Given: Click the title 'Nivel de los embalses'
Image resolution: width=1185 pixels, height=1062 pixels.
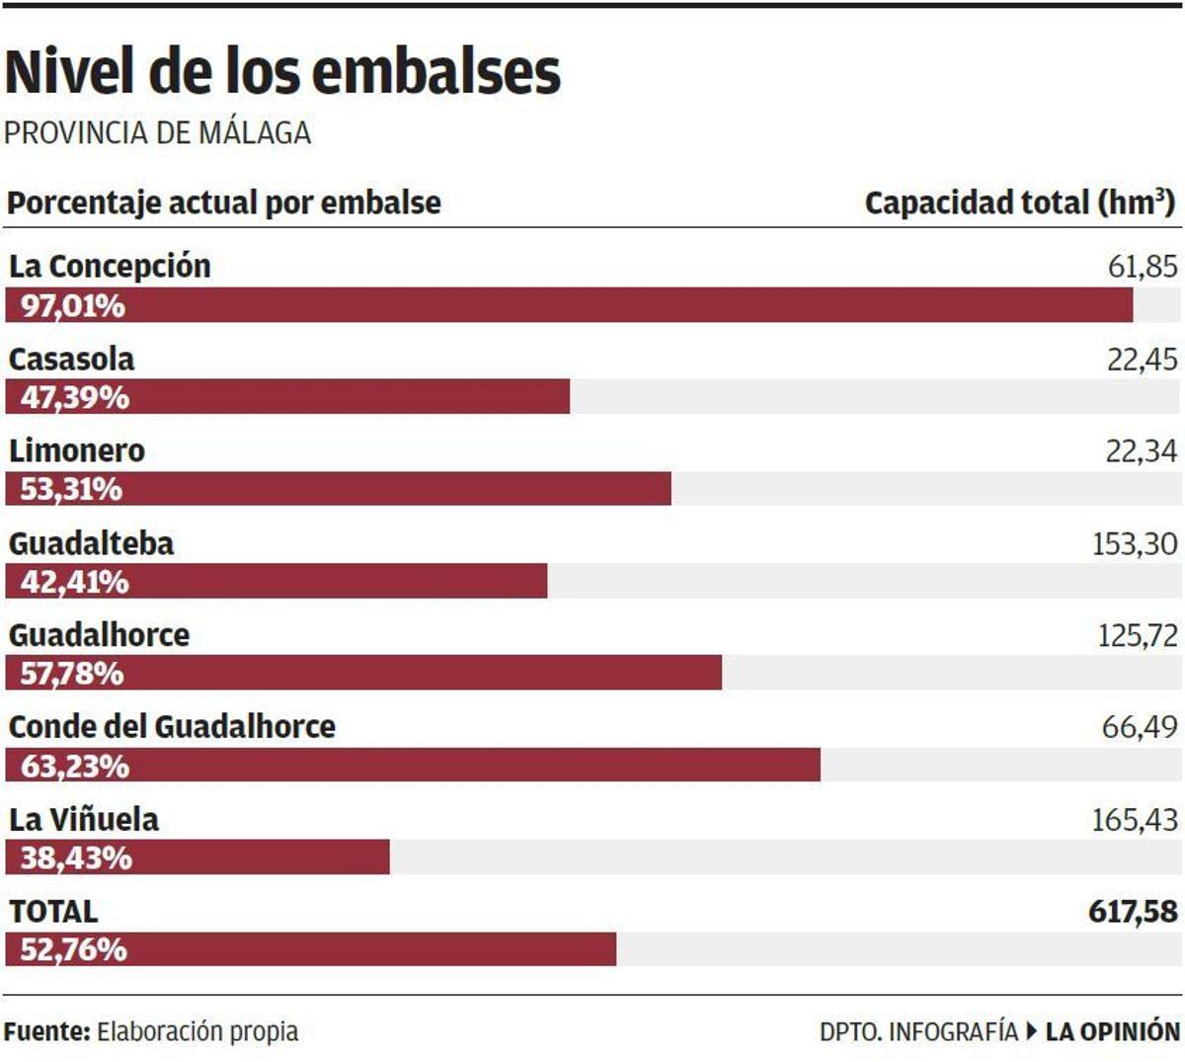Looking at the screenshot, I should tap(282, 72).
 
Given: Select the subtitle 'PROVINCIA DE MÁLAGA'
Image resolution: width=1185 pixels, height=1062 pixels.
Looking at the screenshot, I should tap(157, 132).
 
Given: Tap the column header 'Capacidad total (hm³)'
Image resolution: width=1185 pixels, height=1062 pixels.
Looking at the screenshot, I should tap(1019, 203).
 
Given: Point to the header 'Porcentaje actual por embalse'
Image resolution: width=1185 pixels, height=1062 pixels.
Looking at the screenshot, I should tap(224, 203).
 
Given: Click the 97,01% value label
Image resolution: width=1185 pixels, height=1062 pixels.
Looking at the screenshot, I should tap(73, 305).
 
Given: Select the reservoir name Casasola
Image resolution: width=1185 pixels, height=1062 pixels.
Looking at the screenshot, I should tap(71, 359).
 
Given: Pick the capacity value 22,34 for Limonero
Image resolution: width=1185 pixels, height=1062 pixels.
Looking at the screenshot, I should tap(1141, 451).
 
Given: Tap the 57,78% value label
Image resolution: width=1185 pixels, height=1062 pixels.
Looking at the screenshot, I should tap(72, 674).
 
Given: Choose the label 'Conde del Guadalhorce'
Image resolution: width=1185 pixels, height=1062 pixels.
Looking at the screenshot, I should tap(172, 727).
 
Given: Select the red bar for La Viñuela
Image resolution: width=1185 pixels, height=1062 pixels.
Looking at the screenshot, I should tap(197, 858).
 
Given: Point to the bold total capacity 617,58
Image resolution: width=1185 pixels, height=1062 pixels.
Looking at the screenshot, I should tap(1133, 911).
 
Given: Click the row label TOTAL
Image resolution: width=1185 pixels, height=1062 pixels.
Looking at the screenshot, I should tap(53, 911).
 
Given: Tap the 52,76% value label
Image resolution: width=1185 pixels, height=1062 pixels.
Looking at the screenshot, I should tap(73, 949).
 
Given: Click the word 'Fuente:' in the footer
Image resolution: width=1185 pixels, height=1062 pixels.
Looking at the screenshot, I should tap(46, 1032).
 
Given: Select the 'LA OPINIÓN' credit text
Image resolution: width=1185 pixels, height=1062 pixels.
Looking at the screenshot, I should tap(1112, 1032).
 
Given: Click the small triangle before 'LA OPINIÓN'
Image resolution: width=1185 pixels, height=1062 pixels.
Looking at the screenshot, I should tap(1032, 1032).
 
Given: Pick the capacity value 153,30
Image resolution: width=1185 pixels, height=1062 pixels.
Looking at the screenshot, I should tap(1134, 543).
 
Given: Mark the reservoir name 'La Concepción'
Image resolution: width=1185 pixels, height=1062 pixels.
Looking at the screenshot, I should tap(110, 267).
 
